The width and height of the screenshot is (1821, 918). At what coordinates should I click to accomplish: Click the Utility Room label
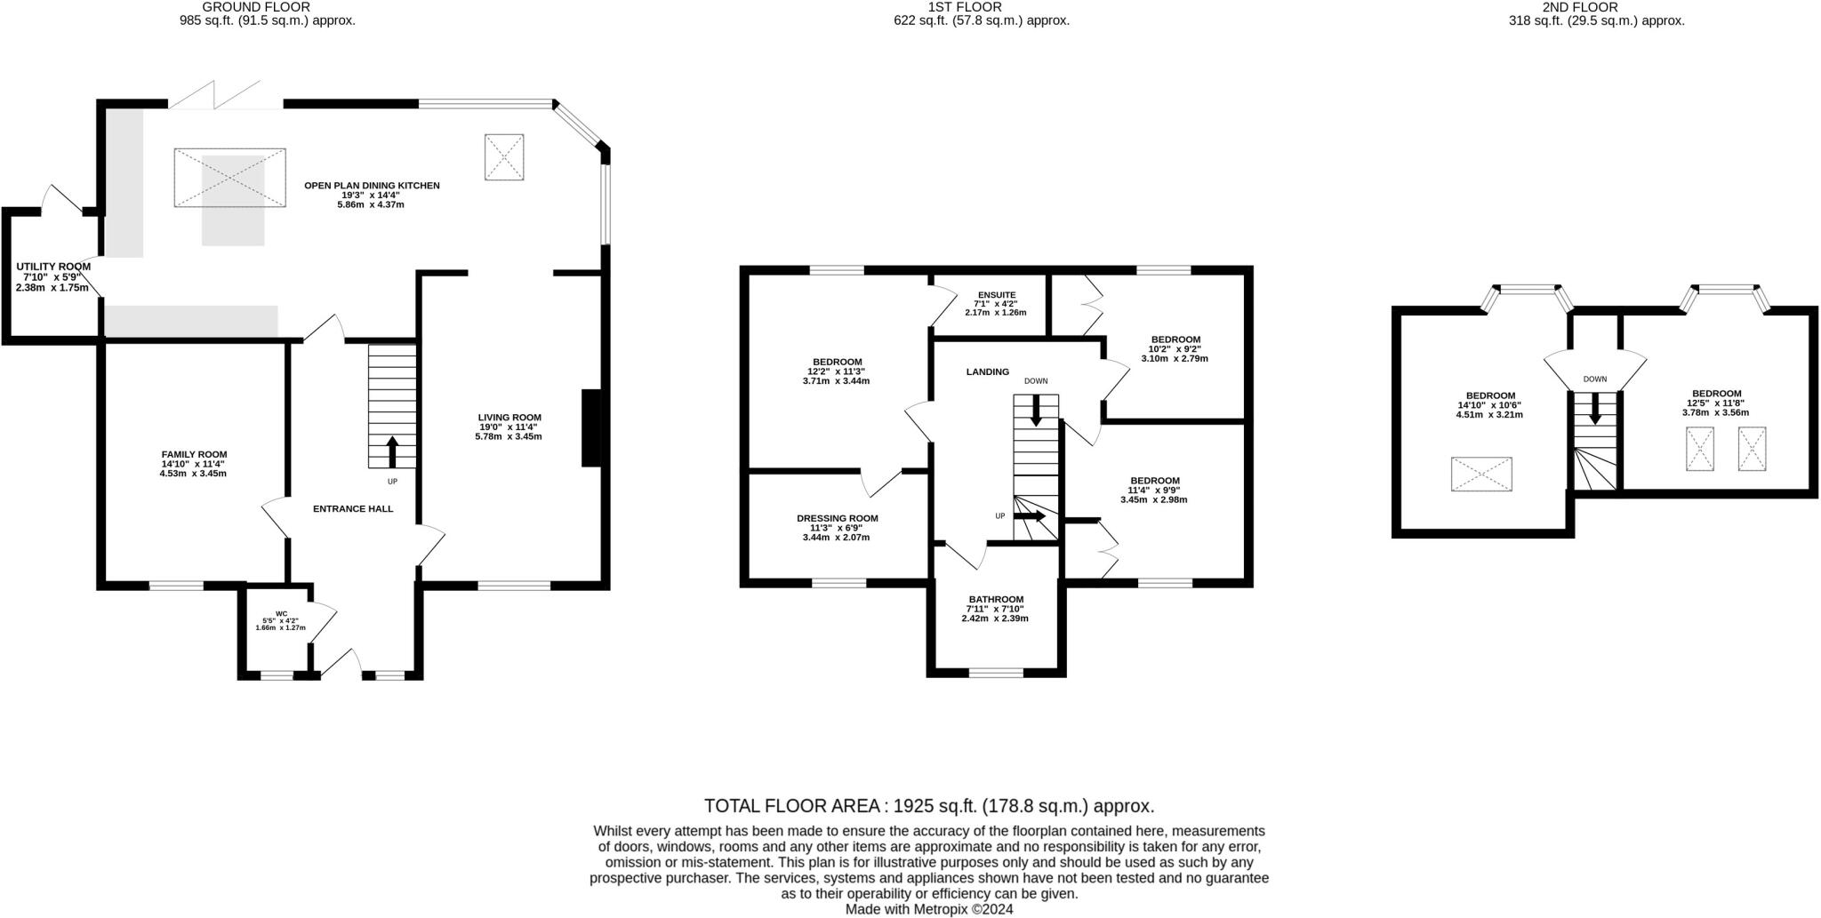tap(53, 267)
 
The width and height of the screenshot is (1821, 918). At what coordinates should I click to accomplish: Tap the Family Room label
tap(194, 454)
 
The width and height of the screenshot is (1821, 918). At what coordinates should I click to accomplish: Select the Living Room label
tap(509, 418)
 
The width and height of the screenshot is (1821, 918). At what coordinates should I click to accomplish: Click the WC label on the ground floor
tap(281, 613)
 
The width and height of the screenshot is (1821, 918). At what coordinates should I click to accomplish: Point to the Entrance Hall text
tap(353, 509)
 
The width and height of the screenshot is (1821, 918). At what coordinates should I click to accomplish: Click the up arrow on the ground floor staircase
tap(392, 451)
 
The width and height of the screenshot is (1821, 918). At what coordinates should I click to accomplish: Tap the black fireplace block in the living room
tap(591, 427)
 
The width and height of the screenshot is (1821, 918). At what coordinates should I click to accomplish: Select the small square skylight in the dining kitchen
tap(504, 157)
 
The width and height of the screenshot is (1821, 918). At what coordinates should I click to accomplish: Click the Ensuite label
tap(997, 295)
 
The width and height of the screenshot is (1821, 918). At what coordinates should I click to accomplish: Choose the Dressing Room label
tap(837, 519)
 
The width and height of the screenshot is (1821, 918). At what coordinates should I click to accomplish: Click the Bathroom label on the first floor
tap(996, 600)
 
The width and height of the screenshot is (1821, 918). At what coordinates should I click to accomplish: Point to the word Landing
tap(988, 372)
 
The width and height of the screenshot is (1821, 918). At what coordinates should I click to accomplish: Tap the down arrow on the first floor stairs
tap(1036, 410)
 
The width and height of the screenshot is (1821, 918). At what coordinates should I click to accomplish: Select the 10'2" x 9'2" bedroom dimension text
tap(1175, 349)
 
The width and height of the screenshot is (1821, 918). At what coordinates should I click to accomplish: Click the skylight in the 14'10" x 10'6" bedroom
tap(1481, 474)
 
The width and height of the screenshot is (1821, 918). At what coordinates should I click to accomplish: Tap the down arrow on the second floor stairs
tap(1595, 407)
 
